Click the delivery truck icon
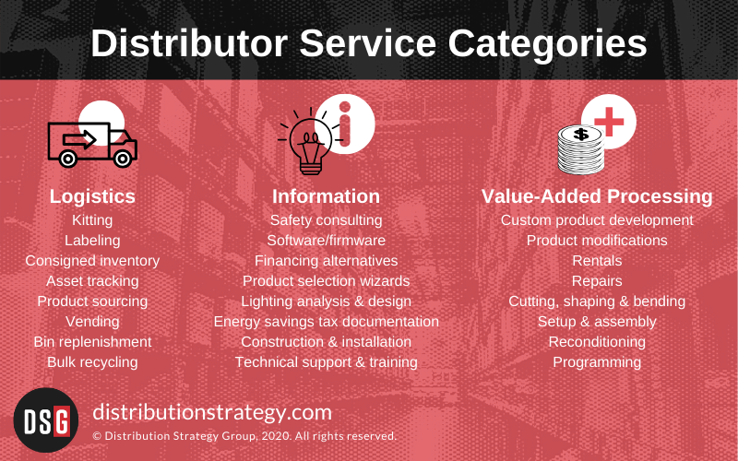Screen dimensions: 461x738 [x=91, y=144]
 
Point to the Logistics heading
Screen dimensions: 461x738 [x=92, y=196]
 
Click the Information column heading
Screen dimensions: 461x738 [x=326, y=196]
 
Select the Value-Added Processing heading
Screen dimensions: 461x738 [x=597, y=196]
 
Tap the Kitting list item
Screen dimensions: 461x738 [x=92, y=220]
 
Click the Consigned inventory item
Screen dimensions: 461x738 [x=92, y=261]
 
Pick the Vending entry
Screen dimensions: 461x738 [x=92, y=322]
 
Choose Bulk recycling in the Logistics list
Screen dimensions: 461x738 [x=92, y=362]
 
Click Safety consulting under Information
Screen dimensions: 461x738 [x=326, y=220]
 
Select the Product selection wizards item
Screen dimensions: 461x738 [x=326, y=281]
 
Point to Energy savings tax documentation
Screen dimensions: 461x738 [x=326, y=322]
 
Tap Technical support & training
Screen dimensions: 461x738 [x=326, y=362]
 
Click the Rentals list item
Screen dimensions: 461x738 [x=597, y=261]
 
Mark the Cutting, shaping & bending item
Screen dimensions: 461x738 [x=597, y=301]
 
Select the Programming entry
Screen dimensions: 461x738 [x=597, y=362]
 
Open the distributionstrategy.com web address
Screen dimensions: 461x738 [x=213, y=411]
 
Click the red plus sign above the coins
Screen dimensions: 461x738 [x=607, y=120]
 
